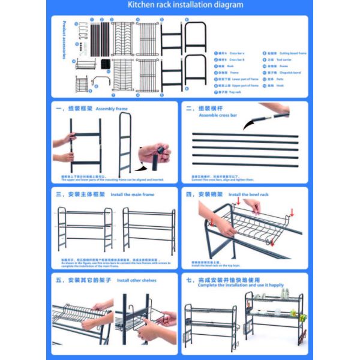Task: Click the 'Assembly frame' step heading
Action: pos(112,109)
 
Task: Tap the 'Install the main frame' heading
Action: pos(132,195)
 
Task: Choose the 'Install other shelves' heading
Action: pos(137,280)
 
